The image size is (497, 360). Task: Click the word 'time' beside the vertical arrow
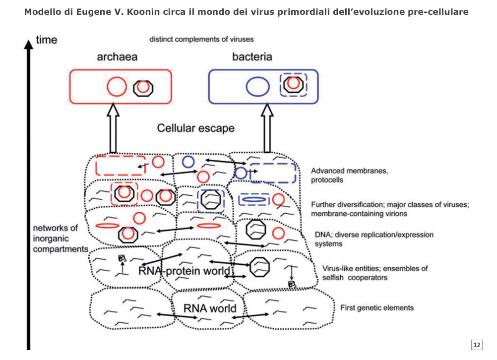coord(47,40)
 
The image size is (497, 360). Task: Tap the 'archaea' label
coord(117,57)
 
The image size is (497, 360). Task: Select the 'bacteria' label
coord(252,57)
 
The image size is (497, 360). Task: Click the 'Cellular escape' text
coord(195,128)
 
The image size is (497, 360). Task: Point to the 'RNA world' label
coord(210,308)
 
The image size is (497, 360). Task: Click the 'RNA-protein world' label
coord(185,271)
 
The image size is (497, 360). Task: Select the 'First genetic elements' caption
coord(376,308)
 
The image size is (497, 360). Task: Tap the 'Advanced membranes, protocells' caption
coord(349,176)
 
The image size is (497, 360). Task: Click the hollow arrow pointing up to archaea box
coord(113,127)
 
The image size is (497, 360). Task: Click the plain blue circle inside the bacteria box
coord(258,87)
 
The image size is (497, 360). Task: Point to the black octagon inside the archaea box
coord(143,87)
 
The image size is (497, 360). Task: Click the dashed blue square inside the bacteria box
coord(293,85)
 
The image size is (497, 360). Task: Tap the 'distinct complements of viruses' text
coord(202,39)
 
